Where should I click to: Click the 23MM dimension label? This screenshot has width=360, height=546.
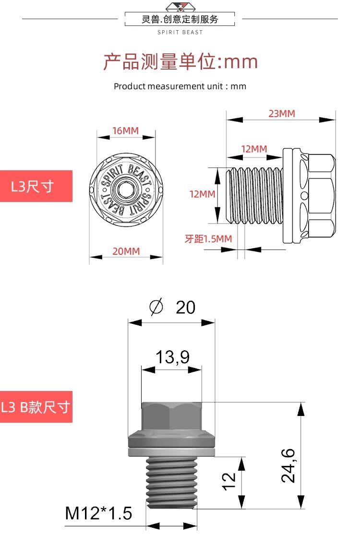[282, 114]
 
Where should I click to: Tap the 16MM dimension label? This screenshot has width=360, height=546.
[125, 131]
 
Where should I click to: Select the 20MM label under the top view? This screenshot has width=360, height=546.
[126, 251]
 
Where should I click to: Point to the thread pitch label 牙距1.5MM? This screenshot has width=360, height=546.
[208, 238]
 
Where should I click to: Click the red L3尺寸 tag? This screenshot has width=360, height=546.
[36, 186]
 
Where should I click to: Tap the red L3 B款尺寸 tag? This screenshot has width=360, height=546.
[36, 407]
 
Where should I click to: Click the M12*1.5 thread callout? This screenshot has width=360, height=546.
[98, 513]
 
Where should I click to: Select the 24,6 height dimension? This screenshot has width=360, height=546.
[288, 465]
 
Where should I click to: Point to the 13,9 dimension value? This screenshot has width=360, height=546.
[172, 357]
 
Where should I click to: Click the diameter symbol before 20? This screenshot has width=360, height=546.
[156, 307]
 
